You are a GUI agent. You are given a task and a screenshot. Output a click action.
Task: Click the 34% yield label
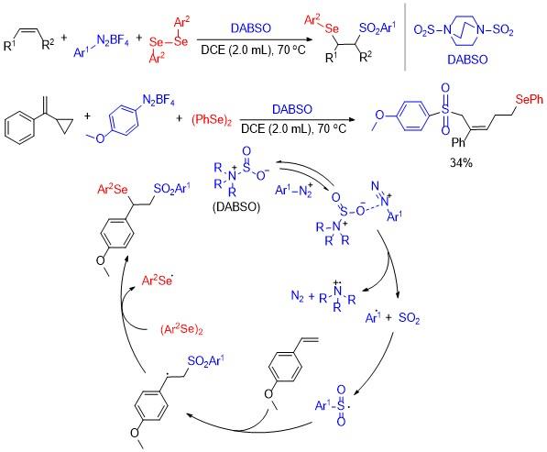[461, 162]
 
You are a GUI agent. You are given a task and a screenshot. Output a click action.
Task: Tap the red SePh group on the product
[530, 99]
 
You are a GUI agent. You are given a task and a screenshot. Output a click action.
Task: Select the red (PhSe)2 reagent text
[212, 120]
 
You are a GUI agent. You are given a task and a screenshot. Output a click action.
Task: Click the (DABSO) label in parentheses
[236, 206]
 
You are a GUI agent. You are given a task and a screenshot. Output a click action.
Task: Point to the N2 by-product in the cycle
[297, 297]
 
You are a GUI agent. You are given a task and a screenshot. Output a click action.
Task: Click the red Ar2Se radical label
[158, 280]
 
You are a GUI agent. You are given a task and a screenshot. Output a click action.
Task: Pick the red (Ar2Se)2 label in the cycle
[181, 329]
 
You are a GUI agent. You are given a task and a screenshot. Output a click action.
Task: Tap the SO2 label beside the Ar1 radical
[410, 317]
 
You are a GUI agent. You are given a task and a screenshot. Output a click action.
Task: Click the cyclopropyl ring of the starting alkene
[65, 127]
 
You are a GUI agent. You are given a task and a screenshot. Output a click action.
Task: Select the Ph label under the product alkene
[458, 142]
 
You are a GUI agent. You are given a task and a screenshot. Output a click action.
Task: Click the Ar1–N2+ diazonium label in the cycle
[293, 191]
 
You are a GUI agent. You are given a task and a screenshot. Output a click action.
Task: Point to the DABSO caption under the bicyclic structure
[467, 60]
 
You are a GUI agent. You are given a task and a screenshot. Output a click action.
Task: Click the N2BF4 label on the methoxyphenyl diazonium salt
[159, 100]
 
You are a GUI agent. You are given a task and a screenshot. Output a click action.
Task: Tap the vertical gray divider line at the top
[405, 37]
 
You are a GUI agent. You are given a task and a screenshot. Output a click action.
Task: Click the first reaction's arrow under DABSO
[251, 40]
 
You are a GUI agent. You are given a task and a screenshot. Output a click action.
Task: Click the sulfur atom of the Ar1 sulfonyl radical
[341, 405]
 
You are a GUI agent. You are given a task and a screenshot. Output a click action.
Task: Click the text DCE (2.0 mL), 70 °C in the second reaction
[294, 128]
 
